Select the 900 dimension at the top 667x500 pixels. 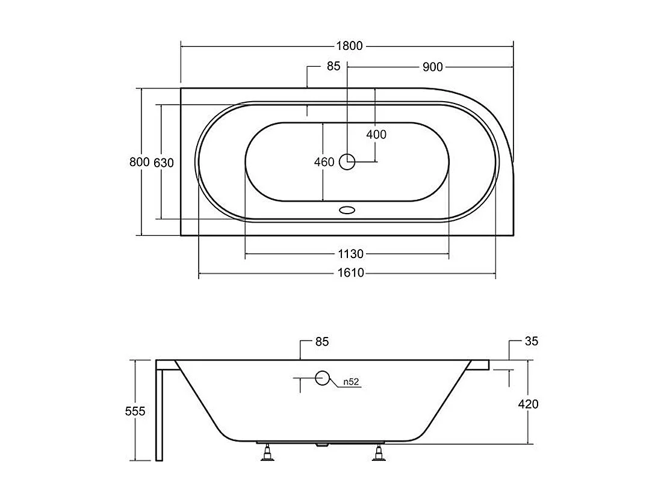[x=432, y=67]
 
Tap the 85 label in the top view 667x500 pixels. [x=333, y=67]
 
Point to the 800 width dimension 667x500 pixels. [x=139, y=162]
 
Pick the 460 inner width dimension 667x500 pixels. [x=324, y=162]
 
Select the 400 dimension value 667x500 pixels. [x=376, y=135]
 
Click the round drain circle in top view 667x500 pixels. [x=347, y=161]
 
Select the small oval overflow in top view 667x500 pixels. [x=347, y=211]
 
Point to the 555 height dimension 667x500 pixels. [x=136, y=412]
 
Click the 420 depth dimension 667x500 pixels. [x=528, y=404]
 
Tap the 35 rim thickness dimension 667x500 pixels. [x=530, y=342]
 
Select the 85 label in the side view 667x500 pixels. [x=322, y=342]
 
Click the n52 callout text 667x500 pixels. [x=352, y=381]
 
